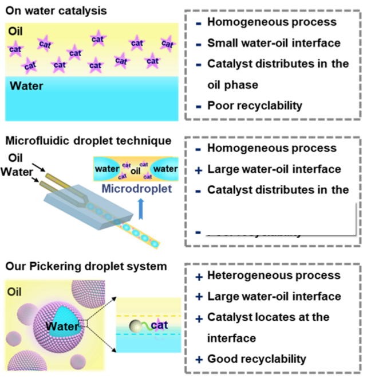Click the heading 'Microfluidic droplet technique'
click(88, 140)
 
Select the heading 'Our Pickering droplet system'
click(86, 266)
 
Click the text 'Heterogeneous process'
click(274, 275)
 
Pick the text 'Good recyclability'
click(256, 359)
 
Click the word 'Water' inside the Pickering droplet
click(61, 328)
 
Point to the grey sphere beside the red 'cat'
click(136, 326)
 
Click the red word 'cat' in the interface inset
click(159, 325)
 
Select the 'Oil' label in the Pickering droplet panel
click(16, 292)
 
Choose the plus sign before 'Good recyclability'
click(199, 360)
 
